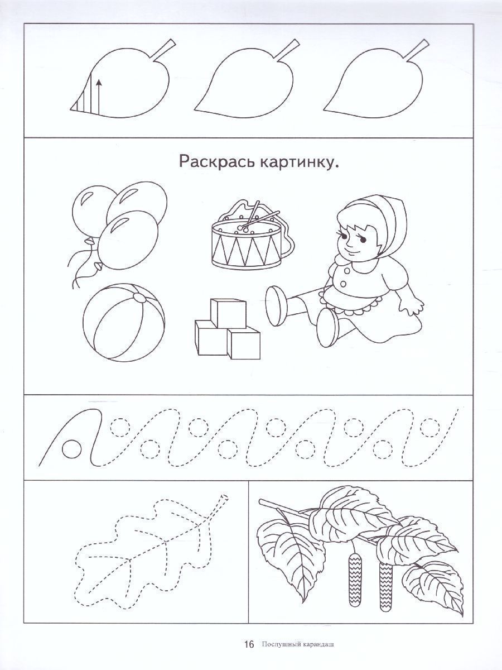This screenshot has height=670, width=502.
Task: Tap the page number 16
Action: [x=249, y=650]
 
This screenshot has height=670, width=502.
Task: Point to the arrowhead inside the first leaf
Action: [x=98, y=82]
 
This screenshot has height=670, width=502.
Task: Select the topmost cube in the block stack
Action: [x=228, y=313]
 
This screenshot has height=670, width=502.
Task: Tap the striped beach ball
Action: [x=124, y=322]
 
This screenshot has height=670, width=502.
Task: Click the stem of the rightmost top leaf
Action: [x=418, y=49]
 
